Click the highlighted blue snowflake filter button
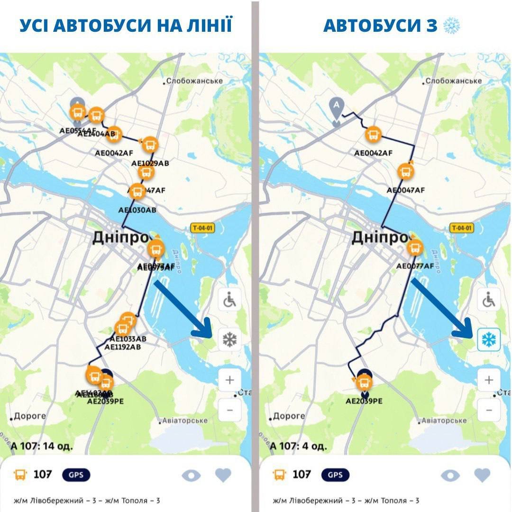pos(488,339)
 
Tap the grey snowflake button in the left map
pos(230,339)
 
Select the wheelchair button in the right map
pos(488,300)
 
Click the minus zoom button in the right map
pos(488,410)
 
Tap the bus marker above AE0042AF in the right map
pos(374,135)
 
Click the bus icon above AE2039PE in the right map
pos(364,381)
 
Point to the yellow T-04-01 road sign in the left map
pos(202,228)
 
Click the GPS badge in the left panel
pos(76,475)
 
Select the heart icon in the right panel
pos(482,475)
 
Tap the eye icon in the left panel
pos(191,475)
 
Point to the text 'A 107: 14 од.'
pos(42,446)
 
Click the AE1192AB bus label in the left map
pos(123,347)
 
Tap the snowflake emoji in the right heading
pos(451,26)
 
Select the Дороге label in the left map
pos(29,416)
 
